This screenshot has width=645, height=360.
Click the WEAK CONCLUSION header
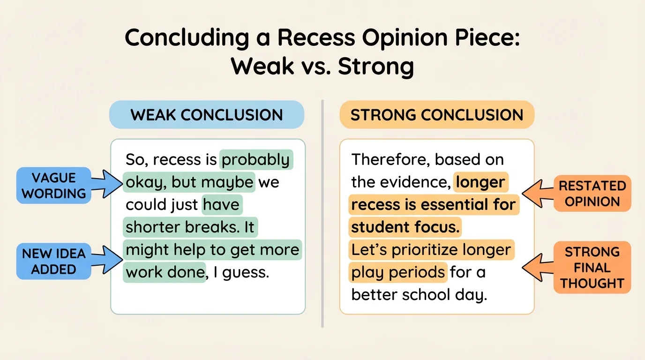(206, 115)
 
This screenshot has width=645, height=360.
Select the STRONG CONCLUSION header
(436, 115)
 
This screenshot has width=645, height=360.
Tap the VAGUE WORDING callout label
(54, 186)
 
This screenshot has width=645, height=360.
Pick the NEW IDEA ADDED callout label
(54, 261)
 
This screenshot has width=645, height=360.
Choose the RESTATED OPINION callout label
(592, 194)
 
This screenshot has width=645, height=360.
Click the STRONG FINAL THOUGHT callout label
(592, 268)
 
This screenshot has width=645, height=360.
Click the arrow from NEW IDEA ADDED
(107, 259)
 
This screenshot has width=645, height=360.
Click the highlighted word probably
(256, 160)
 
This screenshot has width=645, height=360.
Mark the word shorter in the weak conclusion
(153, 227)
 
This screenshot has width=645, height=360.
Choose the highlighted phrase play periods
(398, 272)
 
